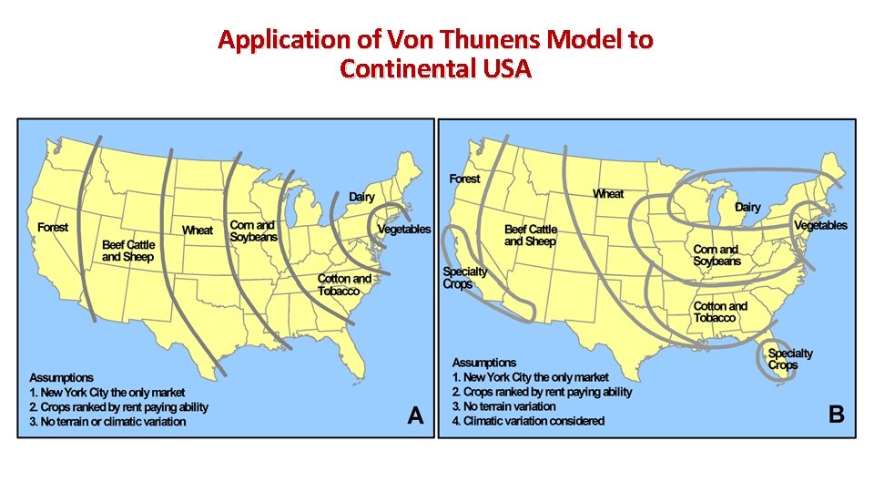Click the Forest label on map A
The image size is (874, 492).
[53, 227]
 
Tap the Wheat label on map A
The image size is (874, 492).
[198, 231]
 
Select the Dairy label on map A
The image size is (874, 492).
[361, 198]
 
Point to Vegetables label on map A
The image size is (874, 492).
[404, 230]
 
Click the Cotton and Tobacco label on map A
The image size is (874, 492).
[344, 285]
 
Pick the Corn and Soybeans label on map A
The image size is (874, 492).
[254, 231]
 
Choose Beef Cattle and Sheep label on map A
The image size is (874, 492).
[128, 251]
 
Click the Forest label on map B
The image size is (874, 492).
[464, 179]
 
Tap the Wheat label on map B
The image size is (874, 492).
[608, 194]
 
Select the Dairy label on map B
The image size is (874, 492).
[747, 208]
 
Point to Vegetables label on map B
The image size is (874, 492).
[820, 225]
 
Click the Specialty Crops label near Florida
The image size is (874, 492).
[790, 359]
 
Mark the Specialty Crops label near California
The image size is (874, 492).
[464, 278]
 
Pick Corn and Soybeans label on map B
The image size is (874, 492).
[717, 255]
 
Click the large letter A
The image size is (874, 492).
[415, 415]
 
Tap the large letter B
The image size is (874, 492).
[836, 415]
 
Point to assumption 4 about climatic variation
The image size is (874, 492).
[528, 421]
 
